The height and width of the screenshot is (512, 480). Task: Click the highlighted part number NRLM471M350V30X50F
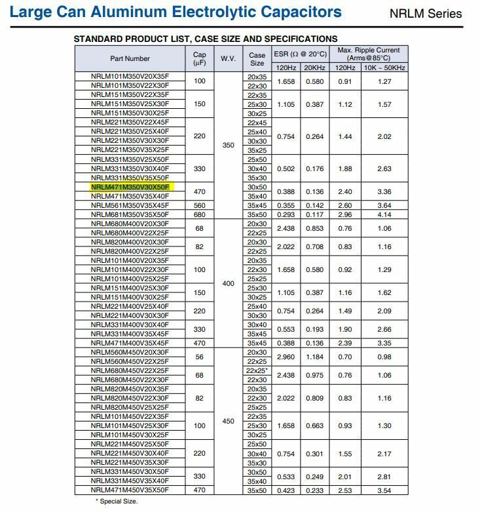tap(130, 187)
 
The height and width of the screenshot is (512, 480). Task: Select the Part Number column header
tap(130, 58)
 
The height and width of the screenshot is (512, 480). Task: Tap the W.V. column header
tap(228, 58)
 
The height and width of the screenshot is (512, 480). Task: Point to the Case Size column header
tap(257, 58)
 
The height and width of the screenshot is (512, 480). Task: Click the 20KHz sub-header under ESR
tap(315, 68)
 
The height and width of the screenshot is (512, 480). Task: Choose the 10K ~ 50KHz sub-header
tap(385, 68)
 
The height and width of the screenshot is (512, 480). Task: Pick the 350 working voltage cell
tap(228, 145)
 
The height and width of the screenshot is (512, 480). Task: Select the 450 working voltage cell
tap(228, 421)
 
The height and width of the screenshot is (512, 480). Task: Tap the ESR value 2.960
tap(286, 357)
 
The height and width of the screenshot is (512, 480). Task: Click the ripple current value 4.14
tap(384, 214)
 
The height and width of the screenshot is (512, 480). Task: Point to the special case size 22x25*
tap(258, 370)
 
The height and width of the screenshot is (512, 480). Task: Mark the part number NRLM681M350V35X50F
tap(130, 214)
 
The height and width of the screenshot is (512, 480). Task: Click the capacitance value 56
tap(200, 357)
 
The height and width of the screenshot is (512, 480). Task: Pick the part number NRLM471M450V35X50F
tap(130, 490)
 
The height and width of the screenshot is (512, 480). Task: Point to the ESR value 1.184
tap(315, 357)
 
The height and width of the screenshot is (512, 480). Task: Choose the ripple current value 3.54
tap(384, 490)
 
